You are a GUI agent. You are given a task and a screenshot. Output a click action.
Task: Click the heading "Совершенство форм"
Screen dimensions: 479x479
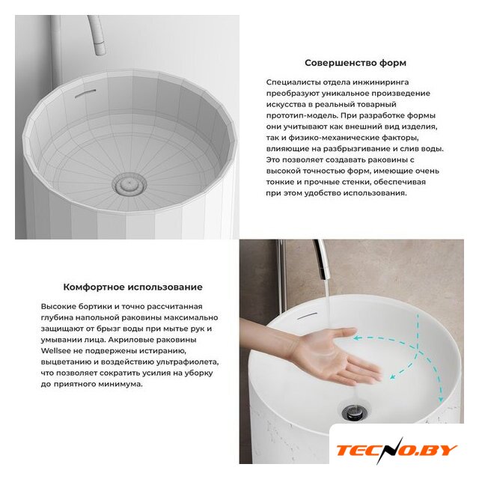pyautogui.click(x=356, y=63)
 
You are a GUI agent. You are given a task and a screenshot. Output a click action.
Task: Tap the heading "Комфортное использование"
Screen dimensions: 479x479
pyautogui.click(x=133, y=287)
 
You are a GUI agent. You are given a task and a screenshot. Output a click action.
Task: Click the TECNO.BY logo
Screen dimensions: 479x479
pyautogui.click(x=396, y=451)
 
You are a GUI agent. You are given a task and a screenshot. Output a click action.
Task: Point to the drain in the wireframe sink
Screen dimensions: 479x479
pyautogui.click(x=129, y=184)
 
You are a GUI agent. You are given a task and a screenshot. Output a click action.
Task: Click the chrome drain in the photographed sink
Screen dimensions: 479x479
pyautogui.click(x=354, y=412)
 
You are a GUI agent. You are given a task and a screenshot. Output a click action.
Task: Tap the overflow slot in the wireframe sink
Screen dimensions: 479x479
pyautogui.click(x=85, y=94)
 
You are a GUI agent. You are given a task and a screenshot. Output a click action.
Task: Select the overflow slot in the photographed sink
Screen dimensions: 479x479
pyautogui.click(x=308, y=315)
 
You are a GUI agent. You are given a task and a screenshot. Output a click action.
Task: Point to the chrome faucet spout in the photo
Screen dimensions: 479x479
pyautogui.click(x=321, y=260)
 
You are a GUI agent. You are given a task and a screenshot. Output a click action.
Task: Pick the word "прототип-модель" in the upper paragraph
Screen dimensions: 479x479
pyautogui.click(x=302, y=116)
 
